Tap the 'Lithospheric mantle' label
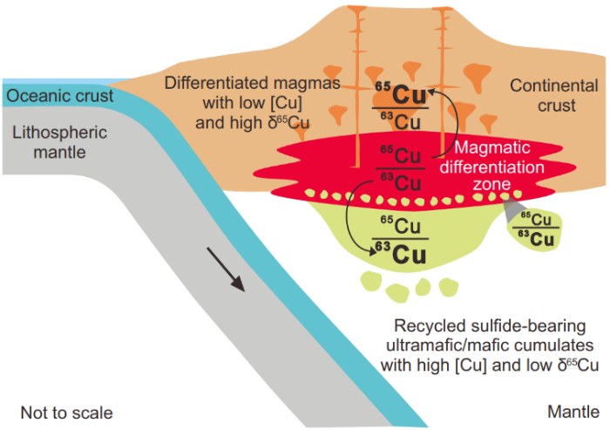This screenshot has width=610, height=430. pyautogui.click(x=60, y=142)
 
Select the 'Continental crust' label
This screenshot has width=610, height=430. pyautogui.click(x=554, y=96)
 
